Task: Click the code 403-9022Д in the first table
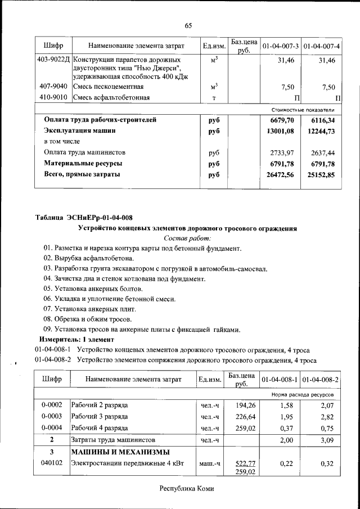(x=52, y=60)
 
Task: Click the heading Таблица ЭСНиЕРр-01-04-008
(x=84, y=218)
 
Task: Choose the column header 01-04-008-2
(x=321, y=380)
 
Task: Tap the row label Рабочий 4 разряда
(x=99, y=427)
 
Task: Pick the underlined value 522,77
(x=242, y=463)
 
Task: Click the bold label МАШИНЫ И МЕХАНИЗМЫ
(x=120, y=452)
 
